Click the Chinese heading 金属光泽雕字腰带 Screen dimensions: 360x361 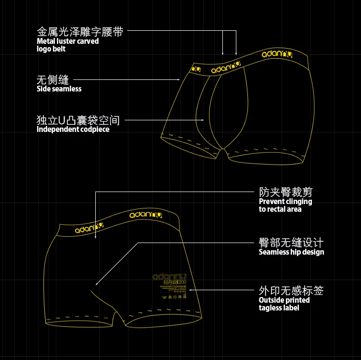pos(80,32)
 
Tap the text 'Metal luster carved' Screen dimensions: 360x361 pos(67,41)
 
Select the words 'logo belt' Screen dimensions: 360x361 pos(51,49)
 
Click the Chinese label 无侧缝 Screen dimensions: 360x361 pos(52,80)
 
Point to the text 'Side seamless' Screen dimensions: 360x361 pos(59,89)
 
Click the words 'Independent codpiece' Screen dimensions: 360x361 pos(73,129)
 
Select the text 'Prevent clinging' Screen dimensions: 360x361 pos(285,202)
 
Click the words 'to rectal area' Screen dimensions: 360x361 pos(280,209)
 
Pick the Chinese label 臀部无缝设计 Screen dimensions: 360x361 pos(291,243)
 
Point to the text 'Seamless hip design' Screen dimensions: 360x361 pos(291,252)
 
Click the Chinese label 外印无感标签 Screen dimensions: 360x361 pos(291,291)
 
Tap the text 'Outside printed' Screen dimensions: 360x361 pos(284,300)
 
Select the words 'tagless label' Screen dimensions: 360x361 pos(279,308)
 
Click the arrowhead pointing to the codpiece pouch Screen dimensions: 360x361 pos(204,120)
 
